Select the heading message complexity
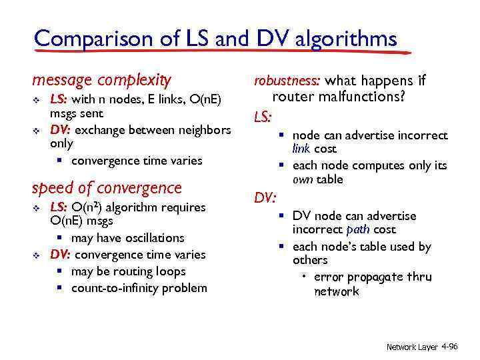[101, 81]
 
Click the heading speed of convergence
[107, 188]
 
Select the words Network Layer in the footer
[412, 347]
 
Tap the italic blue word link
[302, 149]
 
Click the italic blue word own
[303, 179]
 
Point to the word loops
[171, 271]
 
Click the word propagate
[371, 277]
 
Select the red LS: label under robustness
[262, 118]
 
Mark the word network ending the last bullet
[336, 291]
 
